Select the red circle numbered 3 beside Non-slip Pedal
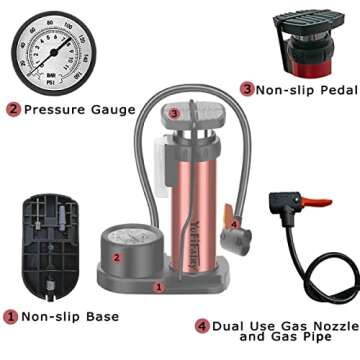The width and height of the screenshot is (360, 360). click(x=246, y=89)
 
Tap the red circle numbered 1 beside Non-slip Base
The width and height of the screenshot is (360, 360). click(x=11, y=317)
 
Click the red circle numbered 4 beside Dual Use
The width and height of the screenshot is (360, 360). click(x=203, y=325)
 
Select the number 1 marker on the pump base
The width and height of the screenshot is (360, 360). click(x=158, y=287)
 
